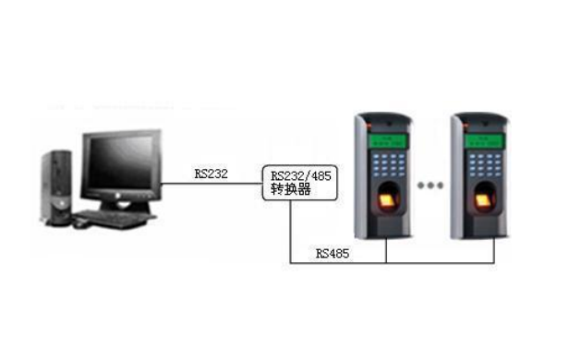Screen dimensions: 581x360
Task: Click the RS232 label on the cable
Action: tap(212, 173)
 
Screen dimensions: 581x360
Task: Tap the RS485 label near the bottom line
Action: tap(333, 252)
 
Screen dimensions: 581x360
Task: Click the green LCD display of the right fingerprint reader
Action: tap(481, 141)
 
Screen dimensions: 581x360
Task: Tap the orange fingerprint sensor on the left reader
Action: tap(387, 201)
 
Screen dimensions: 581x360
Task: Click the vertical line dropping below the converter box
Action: tap(291, 235)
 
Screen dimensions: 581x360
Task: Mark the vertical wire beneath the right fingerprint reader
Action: tap(494, 251)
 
